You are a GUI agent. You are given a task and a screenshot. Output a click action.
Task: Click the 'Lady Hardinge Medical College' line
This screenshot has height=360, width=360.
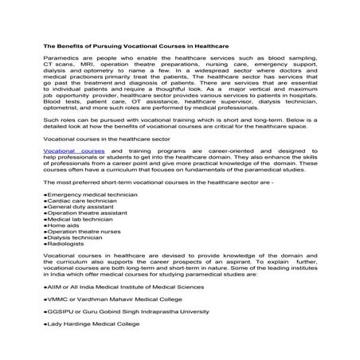(104, 340)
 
